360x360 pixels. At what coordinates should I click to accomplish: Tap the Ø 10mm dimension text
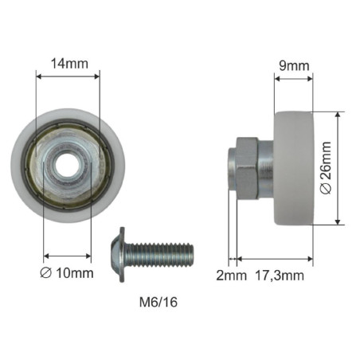pyautogui.click(x=68, y=273)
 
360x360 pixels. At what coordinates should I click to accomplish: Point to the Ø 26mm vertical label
pyautogui.click(x=324, y=168)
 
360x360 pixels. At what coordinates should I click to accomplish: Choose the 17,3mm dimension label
pyautogui.click(x=278, y=276)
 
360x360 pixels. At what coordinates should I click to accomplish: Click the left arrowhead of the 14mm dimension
pyautogui.click(x=40, y=75)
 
